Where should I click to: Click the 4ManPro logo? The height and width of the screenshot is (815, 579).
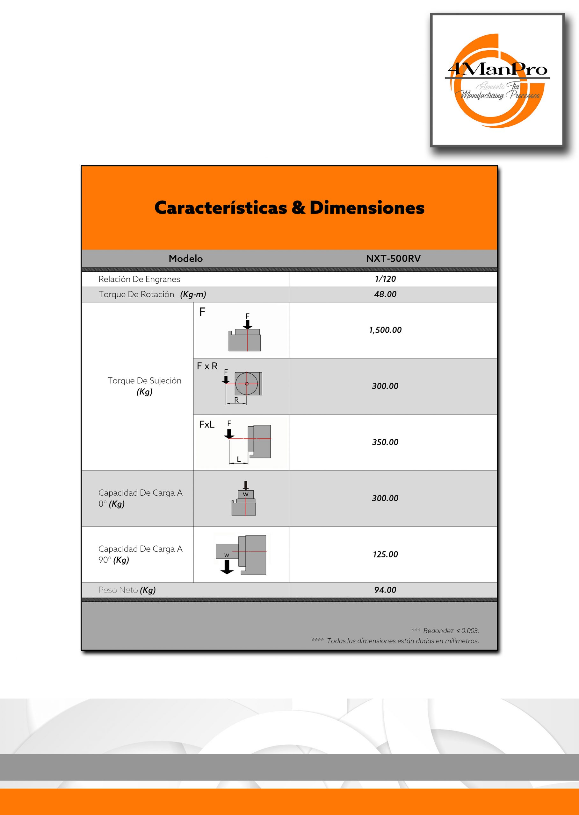point(497,80)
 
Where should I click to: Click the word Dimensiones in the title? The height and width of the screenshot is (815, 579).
point(367,208)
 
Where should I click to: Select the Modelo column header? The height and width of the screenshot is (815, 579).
point(185,259)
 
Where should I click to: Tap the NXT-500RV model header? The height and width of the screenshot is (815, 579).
point(393,259)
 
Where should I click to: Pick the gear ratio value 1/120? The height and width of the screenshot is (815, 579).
point(385,279)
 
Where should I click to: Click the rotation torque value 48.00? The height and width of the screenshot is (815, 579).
point(385,294)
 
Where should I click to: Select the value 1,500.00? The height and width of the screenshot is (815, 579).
point(385,330)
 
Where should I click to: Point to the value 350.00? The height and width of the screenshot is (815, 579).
point(385,442)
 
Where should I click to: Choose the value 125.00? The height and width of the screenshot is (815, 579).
point(385,554)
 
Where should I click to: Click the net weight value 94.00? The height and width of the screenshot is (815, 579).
point(385,590)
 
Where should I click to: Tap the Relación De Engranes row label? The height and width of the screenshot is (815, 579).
point(139,279)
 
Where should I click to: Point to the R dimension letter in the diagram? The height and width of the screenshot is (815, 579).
point(236,400)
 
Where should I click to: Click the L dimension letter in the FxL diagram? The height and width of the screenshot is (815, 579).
point(239,459)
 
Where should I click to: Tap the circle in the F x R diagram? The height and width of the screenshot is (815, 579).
point(246,384)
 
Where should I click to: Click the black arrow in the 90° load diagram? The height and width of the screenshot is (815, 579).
point(227,567)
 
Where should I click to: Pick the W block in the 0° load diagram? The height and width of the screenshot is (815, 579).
point(246,494)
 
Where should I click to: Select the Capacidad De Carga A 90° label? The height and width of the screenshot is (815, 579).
point(141,554)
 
